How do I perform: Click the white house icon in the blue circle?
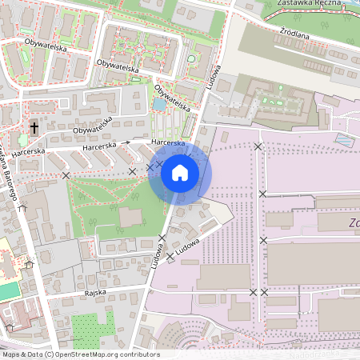click(180, 173)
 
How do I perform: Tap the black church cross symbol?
click(34, 127)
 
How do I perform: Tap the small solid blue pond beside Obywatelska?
click(159, 104)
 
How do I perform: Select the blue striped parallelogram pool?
click(344, 140)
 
